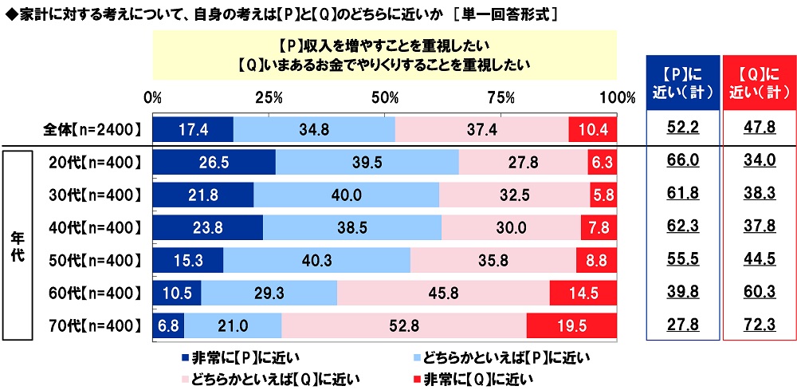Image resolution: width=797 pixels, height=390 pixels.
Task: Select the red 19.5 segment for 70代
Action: pyautogui.click(x=571, y=325)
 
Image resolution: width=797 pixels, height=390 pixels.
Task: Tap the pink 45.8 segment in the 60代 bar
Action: pyautogui.click(x=443, y=293)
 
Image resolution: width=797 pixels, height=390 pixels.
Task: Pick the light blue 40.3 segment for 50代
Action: pyautogui.click(x=316, y=260)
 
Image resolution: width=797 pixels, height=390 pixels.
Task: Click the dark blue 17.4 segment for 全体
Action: pyautogui.click(x=192, y=129)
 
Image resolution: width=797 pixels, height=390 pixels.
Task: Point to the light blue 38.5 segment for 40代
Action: pyautogui.click(x=351, y=227)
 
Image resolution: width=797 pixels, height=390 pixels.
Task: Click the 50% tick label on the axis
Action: pyautogui.click(x=386, y=97)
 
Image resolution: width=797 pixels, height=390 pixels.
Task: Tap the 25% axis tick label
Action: pyautogui.click(x=269, y=97)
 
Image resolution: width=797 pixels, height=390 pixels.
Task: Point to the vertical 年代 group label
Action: pyautogui.click(x=18, y=243)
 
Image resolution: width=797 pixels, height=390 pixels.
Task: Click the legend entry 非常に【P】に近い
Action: pyautogui.click(x=240, y=357)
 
